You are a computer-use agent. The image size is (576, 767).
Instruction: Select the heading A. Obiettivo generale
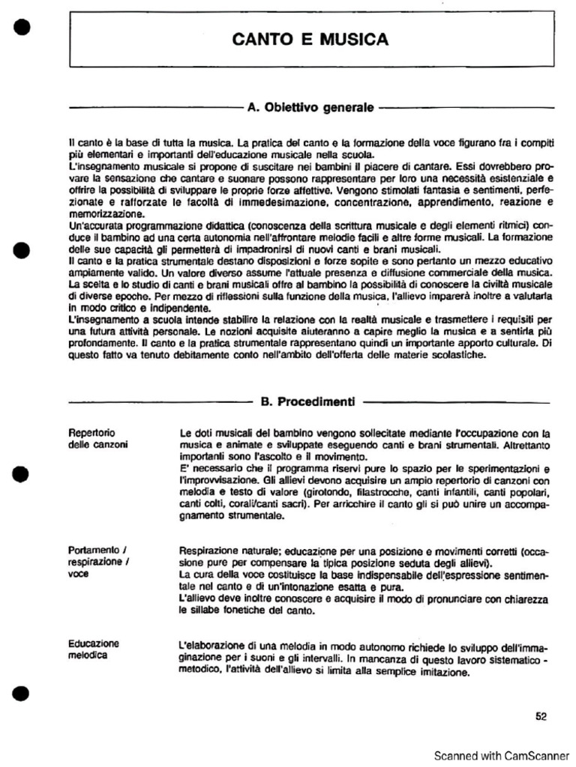[x=310, y=108]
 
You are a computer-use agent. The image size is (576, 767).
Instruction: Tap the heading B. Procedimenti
[x=307, y=402]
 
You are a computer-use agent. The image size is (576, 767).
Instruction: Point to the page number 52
[x=541, y=716]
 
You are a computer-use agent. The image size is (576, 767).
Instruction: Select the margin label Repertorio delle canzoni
[x=97, y=439]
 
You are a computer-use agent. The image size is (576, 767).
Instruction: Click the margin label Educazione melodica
[x=93, y=649]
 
